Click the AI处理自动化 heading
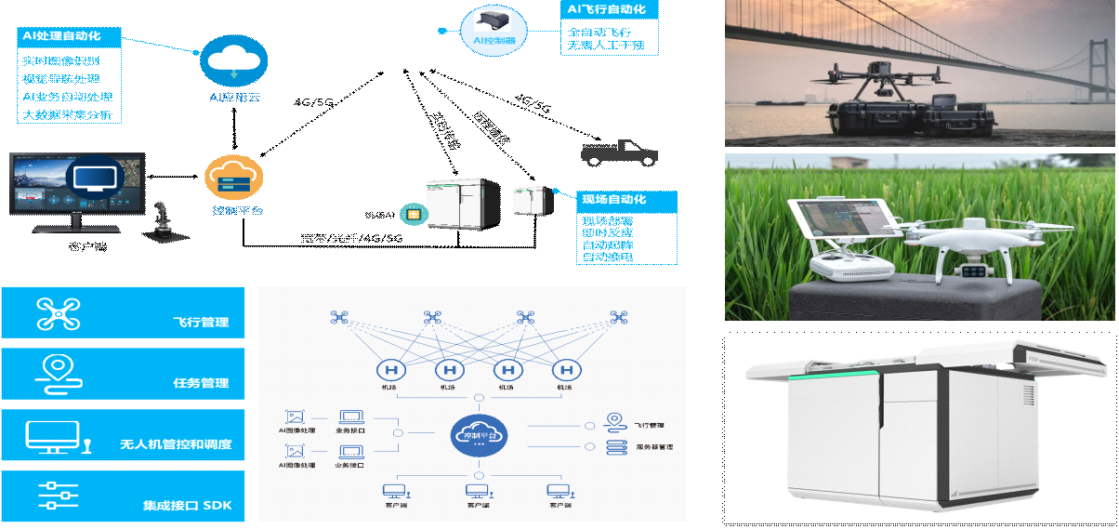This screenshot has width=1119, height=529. pyautogui.click(x=71, y=37)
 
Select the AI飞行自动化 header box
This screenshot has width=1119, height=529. pyautogui.click(x=610, y=9)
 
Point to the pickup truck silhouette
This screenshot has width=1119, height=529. pyautogui.click(x=618, y=152)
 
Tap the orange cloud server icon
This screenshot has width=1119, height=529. pyautogui.click(x=234, y=179)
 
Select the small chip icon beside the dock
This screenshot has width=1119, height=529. pyautogui.click(x=410, y=214)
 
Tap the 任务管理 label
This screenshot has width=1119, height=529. pyautogui.click(x=201, y=383)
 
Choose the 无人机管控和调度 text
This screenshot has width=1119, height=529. pyautogui.click(x=176, y=445)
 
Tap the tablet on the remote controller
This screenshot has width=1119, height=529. pyautogui.click(x=844, y=224)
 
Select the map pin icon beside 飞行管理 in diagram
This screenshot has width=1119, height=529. pyautogui.click(x=613, y=423)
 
